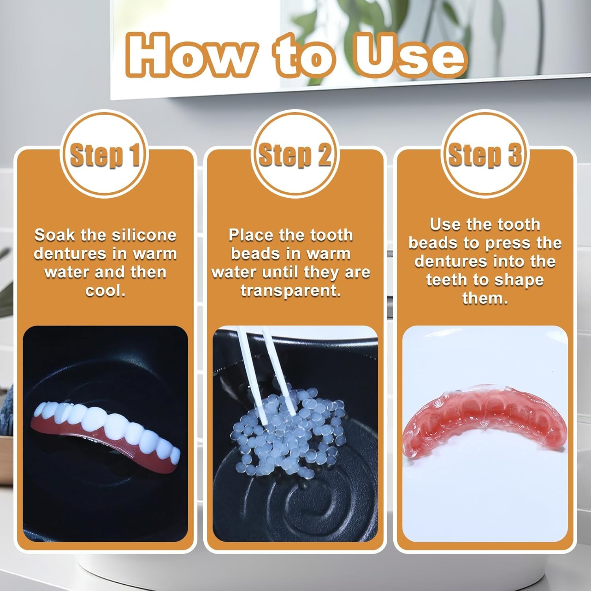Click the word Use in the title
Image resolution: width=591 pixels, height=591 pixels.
(x=410, y=55)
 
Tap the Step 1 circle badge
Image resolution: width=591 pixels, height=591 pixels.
(x=104, y=154)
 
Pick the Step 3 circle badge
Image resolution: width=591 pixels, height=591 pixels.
(x=485, y=154)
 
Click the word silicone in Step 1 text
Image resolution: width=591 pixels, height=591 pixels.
(x=144, y=235)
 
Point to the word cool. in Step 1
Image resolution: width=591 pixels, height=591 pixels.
(x=105, y=291)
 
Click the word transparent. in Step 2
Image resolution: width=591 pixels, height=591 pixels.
(x=291, y=291)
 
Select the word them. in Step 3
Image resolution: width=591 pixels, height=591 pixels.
(x=485, y=298)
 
